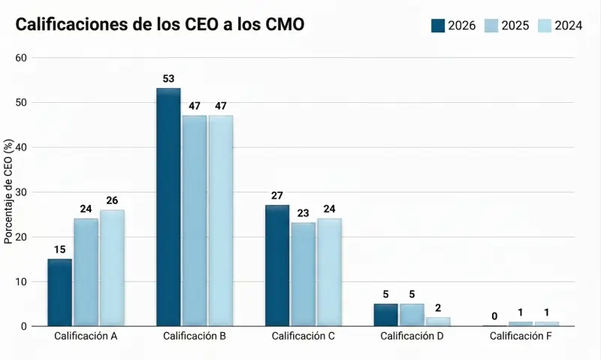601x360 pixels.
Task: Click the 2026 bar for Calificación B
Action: coord(168,207)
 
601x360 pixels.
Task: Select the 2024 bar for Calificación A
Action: coord(112,268)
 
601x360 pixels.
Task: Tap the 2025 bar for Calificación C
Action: coord(304,274)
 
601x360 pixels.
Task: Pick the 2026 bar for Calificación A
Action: coord(59,292)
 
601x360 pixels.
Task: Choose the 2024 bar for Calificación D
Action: coord(438,322)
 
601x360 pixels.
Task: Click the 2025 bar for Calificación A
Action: coord(86,272)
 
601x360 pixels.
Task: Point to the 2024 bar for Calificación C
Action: coord(329,272)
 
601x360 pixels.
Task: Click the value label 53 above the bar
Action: coord(168,78)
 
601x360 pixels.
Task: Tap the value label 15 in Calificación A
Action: coord(59,249)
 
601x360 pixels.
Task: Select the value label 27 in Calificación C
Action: coord(277,195)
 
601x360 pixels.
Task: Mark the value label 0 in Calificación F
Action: coord(495,316)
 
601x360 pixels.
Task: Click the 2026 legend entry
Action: coord(454,26)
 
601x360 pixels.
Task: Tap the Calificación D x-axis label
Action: coord(412,336)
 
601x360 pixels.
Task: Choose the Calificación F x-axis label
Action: coord(521,336)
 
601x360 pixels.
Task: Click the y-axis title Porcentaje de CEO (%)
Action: coord(8,192)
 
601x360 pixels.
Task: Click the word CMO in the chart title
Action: coord(285,25)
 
